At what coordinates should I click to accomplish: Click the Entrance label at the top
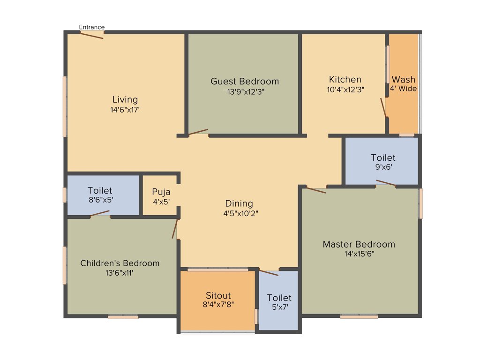coord(92,27)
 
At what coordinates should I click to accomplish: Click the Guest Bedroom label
coord(245,81)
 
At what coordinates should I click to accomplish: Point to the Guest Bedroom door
coord(198,132)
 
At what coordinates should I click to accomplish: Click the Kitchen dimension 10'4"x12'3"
coord(345,89)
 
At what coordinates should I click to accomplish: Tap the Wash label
coord(404,79)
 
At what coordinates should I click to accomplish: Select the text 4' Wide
coord(404,89)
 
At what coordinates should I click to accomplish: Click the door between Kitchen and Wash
coord(383,108)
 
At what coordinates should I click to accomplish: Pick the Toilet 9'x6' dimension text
coord(383,166)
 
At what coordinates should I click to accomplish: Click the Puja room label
coord(161,192)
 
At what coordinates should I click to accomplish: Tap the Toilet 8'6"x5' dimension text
coord(100,200)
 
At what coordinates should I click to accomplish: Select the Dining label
coord(239,203)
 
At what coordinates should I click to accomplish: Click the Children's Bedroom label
coord(120,263)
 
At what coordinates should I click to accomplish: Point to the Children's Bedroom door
coord(175,228)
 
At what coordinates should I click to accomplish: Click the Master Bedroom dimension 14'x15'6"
coord(359,254)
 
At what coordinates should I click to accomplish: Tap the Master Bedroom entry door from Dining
coord(316,190)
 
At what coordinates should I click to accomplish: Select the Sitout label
coord(218,295)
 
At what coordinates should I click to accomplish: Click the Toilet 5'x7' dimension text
coord(279,307)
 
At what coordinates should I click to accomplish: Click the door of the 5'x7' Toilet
coord(269,273)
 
